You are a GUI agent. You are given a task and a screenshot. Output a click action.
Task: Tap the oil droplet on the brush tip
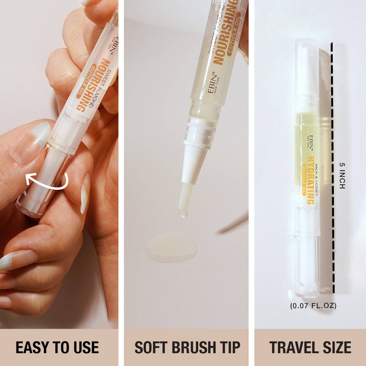coord(183,214)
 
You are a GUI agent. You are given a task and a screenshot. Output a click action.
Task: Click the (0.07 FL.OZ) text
coord(313,305)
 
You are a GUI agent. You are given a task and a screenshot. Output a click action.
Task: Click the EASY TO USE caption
coord(57,347)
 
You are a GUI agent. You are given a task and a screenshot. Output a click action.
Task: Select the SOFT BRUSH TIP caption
coord(187,347)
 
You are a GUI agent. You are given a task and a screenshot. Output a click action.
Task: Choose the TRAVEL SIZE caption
coord(310,347)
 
